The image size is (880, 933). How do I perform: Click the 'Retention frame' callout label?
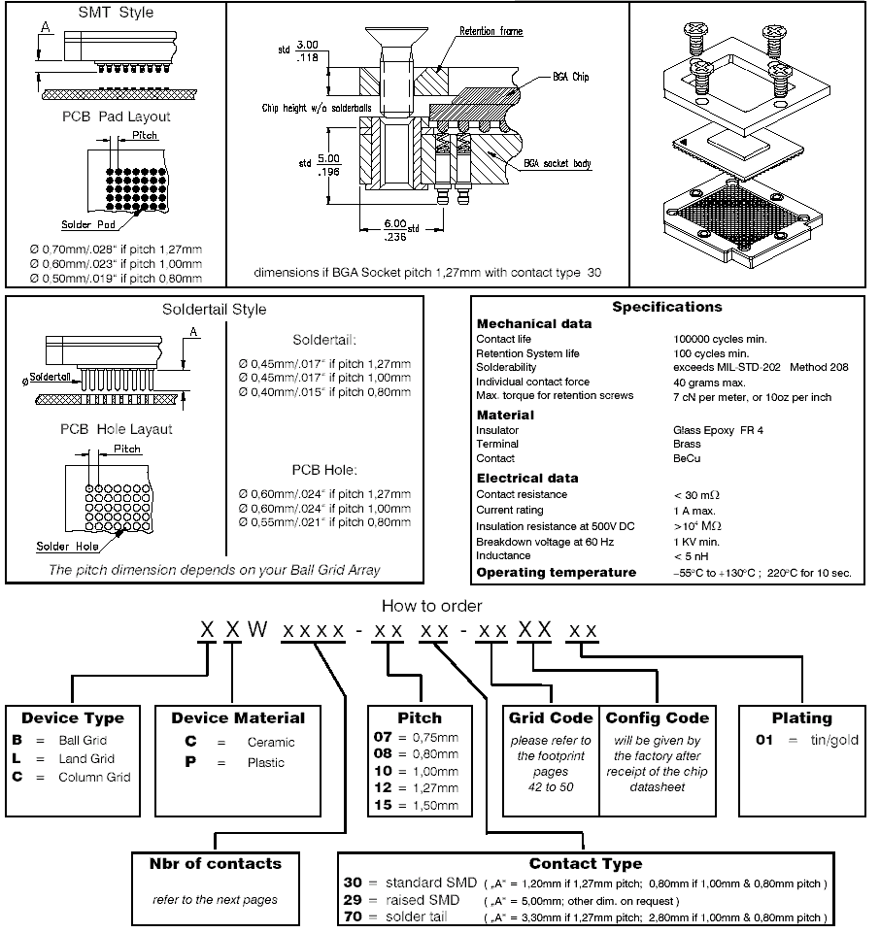point(491,31)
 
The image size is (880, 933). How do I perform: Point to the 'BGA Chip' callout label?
point(570,77)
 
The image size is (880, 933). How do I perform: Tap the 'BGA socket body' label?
point(558,163)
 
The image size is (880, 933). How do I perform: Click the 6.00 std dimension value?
point(395,223)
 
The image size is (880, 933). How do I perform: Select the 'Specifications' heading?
point(667,307)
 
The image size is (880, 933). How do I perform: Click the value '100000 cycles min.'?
point(720,339)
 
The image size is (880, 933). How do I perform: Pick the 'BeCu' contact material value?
point(687,459)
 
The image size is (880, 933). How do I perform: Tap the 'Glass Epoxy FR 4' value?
point(718,430)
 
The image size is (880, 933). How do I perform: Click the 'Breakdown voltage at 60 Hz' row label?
point(545,542)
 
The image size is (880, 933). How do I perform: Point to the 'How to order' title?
point(431,606)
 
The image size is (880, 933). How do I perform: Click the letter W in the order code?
point(257,629)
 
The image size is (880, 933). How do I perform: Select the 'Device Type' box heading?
point(73,718)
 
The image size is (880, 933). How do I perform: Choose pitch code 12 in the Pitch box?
point(383,787)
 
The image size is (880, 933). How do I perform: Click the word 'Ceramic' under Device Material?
point(271,742)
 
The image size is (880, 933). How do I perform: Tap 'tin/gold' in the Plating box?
point(834,740)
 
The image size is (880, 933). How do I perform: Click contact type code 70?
point(353,916)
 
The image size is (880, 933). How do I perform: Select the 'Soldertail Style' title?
point(215,310)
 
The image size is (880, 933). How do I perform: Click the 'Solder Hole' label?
point(67,547)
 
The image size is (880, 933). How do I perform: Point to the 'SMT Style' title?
point(117,13)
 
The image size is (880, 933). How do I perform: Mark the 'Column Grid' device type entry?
point(94,777)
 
